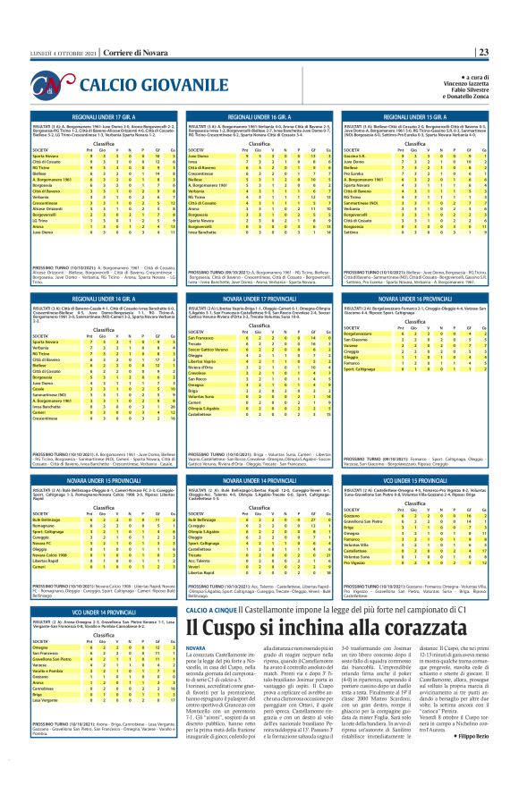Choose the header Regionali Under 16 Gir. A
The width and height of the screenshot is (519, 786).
click(x=259, y=117)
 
